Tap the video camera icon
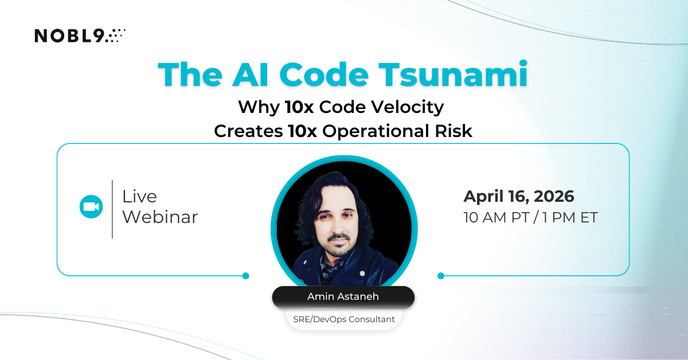91,207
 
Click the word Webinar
160,217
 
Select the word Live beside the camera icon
139,197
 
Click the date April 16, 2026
519,197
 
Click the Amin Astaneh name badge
343,297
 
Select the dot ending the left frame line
246,276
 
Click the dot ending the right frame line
440,276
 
